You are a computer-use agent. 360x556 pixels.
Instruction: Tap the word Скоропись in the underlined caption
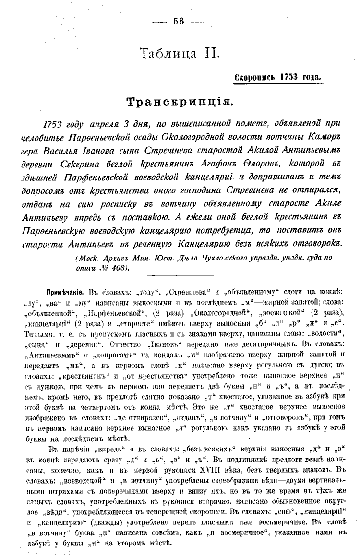tap(255, 77)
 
